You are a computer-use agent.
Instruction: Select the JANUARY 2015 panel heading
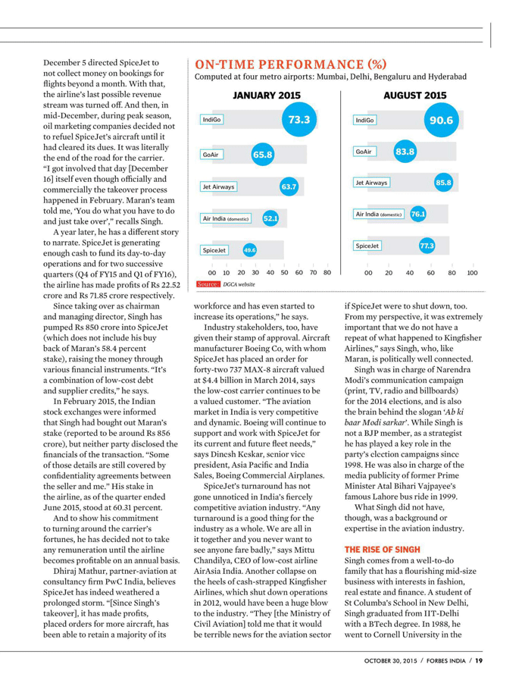(266, 96)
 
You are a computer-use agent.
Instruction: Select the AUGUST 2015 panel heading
(414, 96)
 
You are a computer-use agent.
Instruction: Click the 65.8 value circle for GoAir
(262, 155)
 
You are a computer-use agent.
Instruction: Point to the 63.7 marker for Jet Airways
(289, 186)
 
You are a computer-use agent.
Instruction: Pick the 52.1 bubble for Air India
(270, 218)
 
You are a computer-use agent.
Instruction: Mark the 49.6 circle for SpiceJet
(249, 249)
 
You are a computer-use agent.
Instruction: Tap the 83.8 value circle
(405, 152)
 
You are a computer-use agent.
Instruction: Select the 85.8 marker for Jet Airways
(443, 183)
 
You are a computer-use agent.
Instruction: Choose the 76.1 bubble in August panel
(417, 215)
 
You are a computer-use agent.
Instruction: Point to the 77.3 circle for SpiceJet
(427, 246)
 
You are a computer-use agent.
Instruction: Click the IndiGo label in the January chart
(212, 120)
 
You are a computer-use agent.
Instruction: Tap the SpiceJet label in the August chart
(367, 246)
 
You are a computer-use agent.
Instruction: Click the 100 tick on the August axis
(472, 272)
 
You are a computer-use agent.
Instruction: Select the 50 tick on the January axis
(284, 272)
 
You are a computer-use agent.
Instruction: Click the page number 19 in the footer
(479, 661)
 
